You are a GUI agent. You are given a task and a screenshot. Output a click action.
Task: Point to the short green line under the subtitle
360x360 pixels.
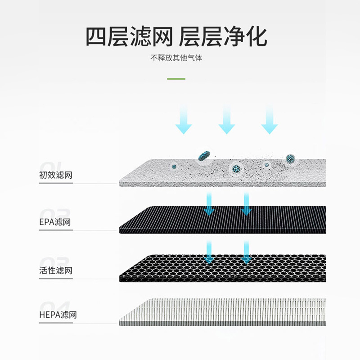coord(176,79)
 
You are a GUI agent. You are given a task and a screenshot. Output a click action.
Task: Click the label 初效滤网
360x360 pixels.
coord(55,175)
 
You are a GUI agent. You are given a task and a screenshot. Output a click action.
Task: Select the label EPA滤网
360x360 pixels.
coord(54,222)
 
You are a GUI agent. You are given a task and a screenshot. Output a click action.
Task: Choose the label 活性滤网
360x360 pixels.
coord(55,271)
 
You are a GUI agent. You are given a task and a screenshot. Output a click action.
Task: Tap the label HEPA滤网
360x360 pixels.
coord(58,315)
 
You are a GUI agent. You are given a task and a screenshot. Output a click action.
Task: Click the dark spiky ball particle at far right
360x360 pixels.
coord(290,158)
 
